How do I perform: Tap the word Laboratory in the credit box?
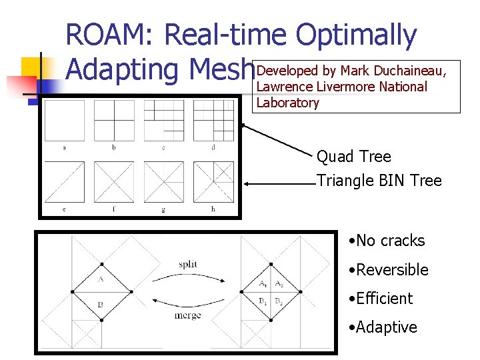point(287,103)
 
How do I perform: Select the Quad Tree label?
point(353,157)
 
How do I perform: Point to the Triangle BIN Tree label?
point(379,181)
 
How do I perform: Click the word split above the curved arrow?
point(188,264)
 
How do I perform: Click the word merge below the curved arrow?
point(187,315)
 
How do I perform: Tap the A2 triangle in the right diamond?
point(279,284)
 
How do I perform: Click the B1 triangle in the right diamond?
point(263,301)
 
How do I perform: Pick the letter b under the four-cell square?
point(113,147)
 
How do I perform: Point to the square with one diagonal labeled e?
point(64,181)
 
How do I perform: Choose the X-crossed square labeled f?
point(113,181)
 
